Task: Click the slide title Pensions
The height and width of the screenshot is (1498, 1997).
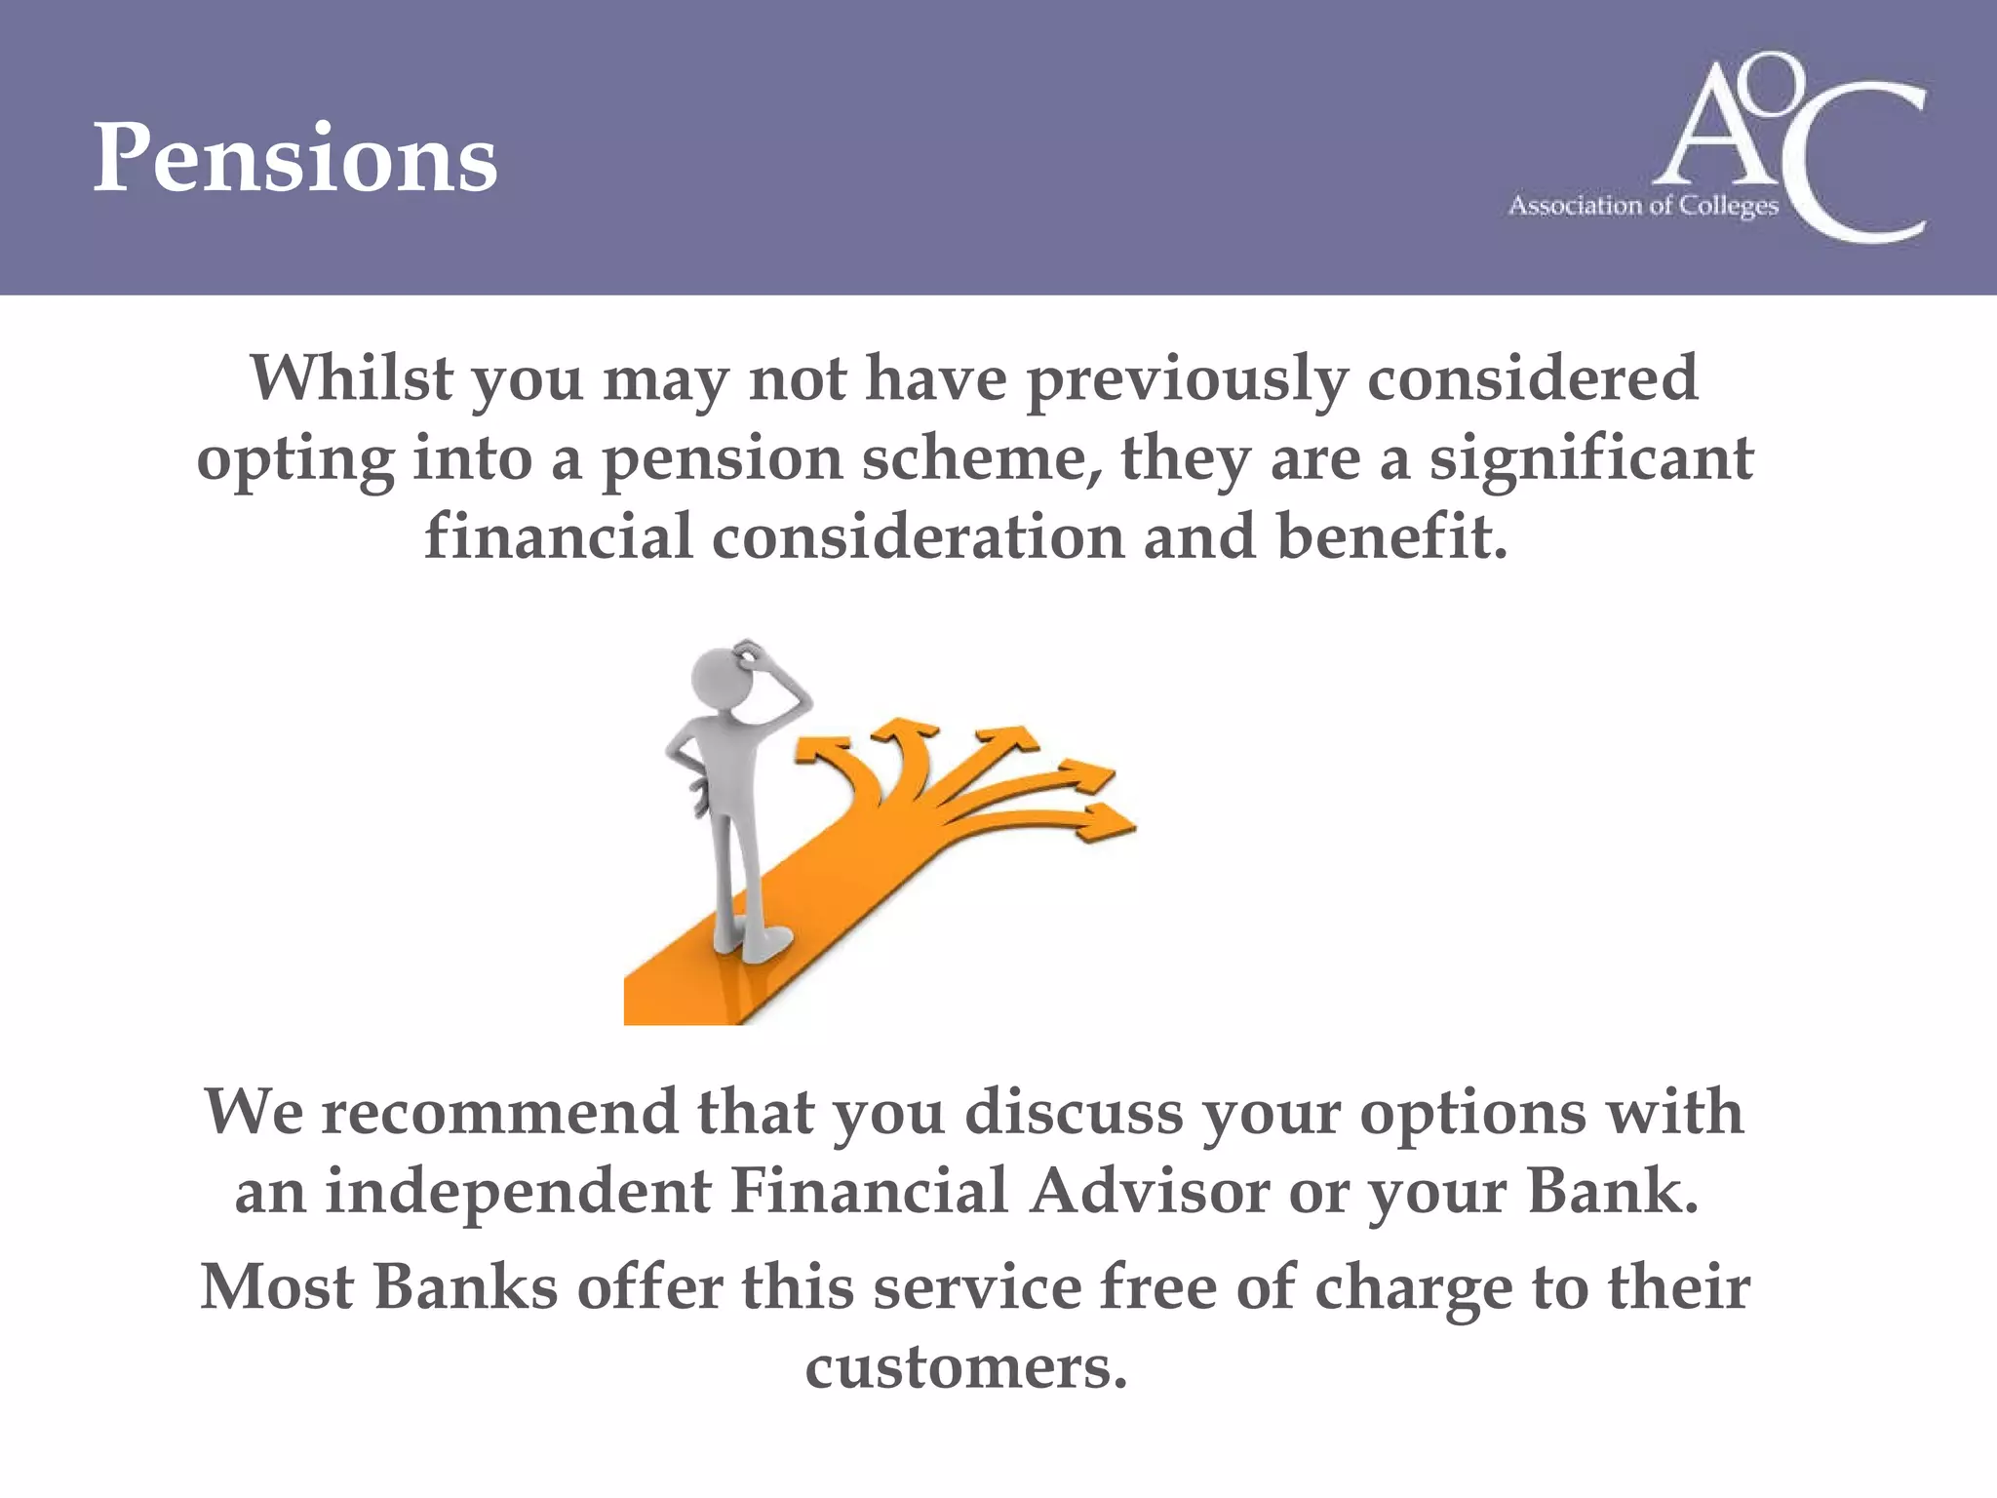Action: tap(294, 158)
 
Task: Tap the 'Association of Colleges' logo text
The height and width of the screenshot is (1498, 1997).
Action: tap(1643, 206)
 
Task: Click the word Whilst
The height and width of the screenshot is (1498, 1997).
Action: tap(351, 378)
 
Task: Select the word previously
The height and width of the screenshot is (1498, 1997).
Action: tap(1187, 380)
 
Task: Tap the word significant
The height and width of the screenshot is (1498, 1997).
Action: tap(1591, 458)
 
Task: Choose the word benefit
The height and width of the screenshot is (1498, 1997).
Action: tap(1391, 537)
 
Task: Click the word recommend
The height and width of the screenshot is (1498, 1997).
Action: tap(499, 1112)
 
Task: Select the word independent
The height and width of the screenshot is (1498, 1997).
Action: tap(518, 1192)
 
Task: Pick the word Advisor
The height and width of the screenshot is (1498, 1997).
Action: tap(1150, 1192)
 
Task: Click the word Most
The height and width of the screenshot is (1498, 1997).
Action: tap(277, 1287)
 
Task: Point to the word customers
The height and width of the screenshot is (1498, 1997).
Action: tap(965, 1367)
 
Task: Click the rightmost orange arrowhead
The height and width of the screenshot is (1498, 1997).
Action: tap(1107, 822)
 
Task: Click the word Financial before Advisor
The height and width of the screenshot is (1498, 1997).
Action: tap(869, 1192)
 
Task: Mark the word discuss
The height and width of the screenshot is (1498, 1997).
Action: tap(1074, 1112)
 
